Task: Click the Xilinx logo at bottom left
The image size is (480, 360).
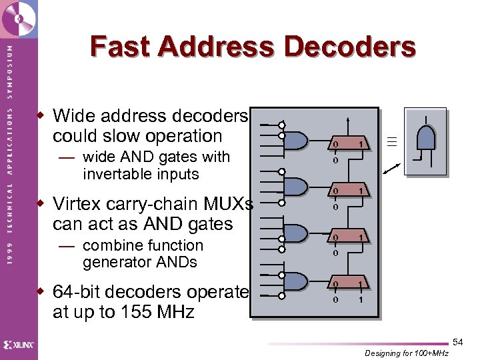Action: tap(18, 345)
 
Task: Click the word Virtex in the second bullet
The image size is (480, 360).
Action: tap(83, 203)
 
